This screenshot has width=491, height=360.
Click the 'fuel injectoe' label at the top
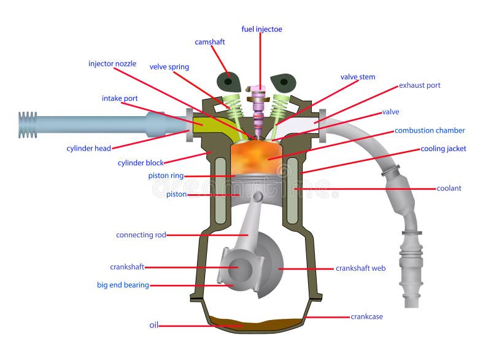pos(261,29)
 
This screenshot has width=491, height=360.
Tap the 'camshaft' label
pos(210,42)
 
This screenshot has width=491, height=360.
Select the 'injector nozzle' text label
pos(112,64)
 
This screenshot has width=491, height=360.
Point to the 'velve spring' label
pos(169,67)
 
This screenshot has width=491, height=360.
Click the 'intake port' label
pos(120,98)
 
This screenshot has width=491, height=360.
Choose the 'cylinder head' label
pos(88,148)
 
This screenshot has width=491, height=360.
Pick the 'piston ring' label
pos(166,176)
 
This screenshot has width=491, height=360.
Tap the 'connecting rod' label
pos(141,235)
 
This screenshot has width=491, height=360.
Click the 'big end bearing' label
pos(123,285)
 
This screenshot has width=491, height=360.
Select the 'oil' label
pos(153,324)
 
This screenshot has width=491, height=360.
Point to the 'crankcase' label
pos(367,317)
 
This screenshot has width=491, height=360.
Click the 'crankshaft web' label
pos(360,268)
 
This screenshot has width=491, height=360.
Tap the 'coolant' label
pos(449,189)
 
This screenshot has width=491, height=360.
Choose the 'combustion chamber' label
pos(430,130)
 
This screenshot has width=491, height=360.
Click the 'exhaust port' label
pos(420,85)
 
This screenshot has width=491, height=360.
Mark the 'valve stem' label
pos(358,77)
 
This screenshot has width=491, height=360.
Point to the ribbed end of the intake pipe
pos(28,125)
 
